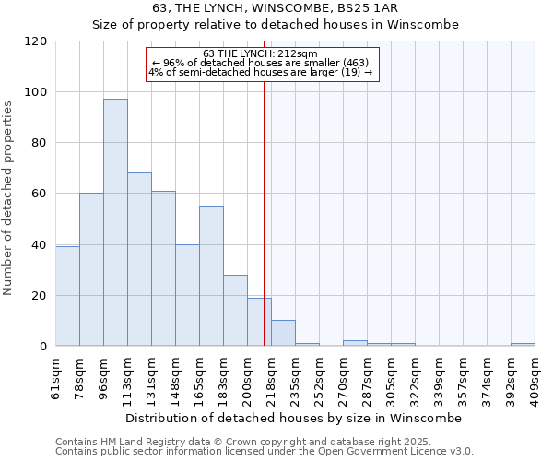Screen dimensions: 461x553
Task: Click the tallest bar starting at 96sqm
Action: coord(115,222)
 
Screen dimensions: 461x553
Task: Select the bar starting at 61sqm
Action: coord(67,296)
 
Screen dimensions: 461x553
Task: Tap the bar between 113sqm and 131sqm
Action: coord(139,259)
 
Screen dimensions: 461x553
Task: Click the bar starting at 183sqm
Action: coord(235,310)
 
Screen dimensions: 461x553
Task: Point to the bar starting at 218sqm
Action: coord(283,333)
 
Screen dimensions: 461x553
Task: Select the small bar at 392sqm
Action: coord(523,344)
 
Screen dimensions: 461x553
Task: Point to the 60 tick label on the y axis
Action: coord(40,194)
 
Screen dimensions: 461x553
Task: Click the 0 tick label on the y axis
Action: coord(43,347)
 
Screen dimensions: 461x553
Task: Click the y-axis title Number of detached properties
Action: coord(10,198)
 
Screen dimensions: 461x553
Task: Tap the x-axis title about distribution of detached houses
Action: coord(293,418)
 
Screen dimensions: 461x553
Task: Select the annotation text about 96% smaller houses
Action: coord(260,63)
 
